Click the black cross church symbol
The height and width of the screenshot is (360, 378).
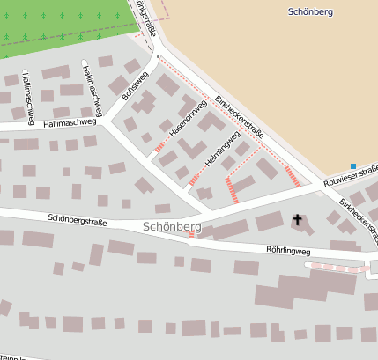297,219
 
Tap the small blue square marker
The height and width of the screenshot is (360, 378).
352,166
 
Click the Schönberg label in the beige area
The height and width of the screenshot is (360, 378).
311,11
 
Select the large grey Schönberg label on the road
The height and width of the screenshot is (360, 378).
171,227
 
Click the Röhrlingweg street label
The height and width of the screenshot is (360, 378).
288,251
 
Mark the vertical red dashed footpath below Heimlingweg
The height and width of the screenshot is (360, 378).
232,190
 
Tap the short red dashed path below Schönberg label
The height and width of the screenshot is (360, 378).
191,235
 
